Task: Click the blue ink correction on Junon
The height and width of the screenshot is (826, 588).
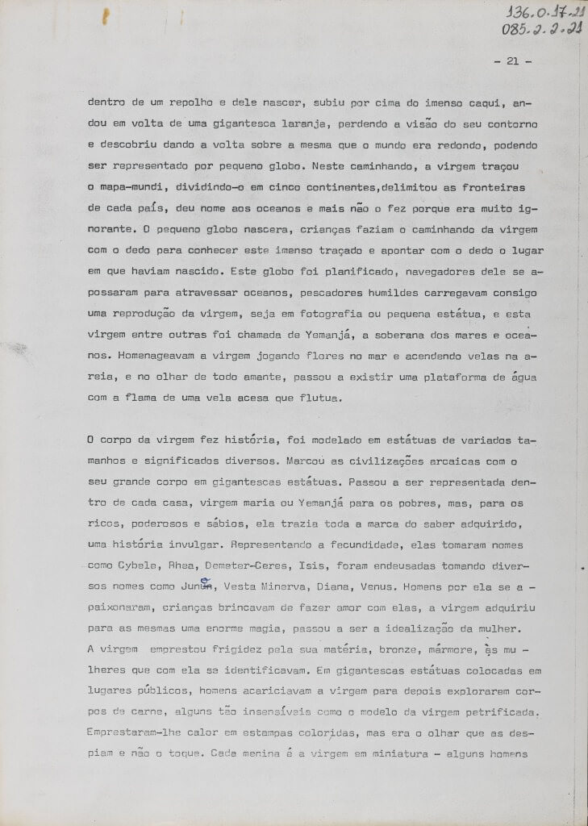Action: [x=205, y=581]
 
